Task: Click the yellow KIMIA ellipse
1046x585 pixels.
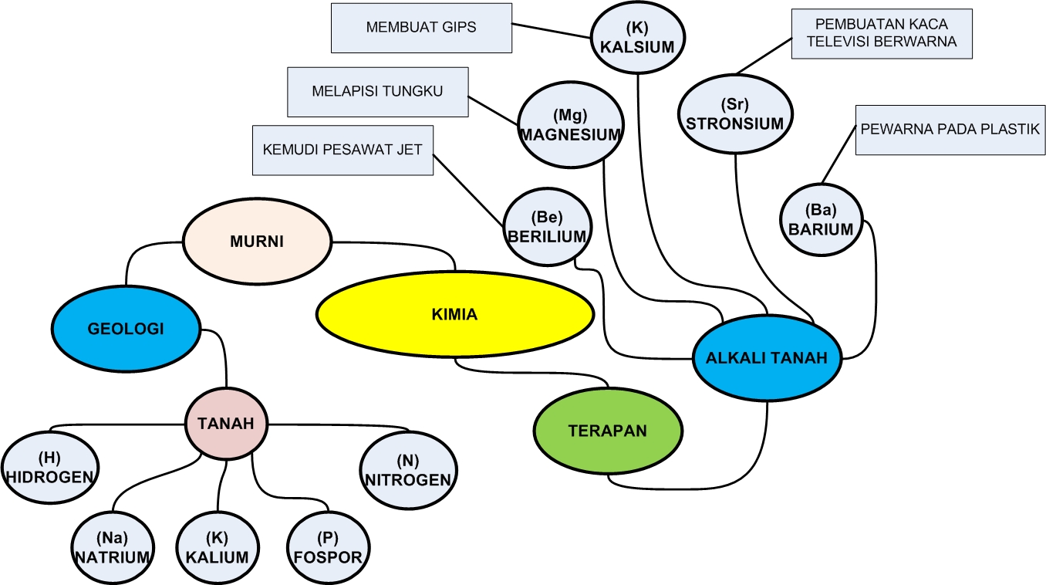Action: coord(455,314)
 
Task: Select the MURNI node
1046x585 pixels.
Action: coord(257,242)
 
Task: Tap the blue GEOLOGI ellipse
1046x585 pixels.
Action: coord(126,329)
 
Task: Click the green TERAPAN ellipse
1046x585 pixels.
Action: coord(608,431)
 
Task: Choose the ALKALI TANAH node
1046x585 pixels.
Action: coord(767,357)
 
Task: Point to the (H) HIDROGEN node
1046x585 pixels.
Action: coord(50,469)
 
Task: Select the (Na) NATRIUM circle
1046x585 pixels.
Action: coord(112,549)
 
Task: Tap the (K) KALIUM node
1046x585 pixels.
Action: coord(218,549)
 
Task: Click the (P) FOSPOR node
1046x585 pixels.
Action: coord(329,549)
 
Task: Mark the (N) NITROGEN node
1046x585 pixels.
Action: coord(408,471)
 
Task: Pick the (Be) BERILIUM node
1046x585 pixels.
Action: coord(547,228)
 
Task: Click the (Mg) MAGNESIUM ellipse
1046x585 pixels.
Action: coord(570,126)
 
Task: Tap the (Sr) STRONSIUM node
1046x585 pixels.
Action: coord(735,114)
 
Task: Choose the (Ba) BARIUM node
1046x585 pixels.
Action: coord(821,220)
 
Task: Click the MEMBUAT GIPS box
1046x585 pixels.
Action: coord(421,28)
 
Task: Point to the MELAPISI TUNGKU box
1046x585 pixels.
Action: coord(377,92)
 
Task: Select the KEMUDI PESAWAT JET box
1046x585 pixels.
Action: coord(342,150)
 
